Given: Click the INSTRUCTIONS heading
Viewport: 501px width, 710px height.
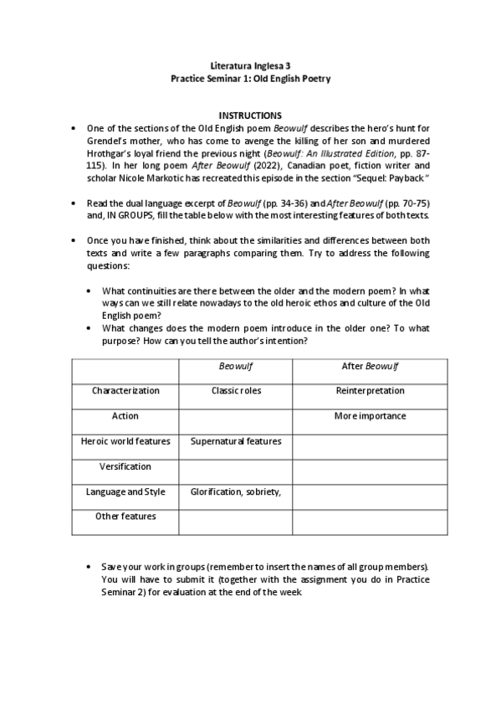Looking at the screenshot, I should coord(250,115).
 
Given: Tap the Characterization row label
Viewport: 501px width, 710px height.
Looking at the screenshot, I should coord(125,391).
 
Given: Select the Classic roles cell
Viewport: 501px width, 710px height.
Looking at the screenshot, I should coord(236,391).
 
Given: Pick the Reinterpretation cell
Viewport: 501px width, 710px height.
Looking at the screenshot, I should coord(370,391).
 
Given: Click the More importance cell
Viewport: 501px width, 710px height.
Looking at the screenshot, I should coord(370,416).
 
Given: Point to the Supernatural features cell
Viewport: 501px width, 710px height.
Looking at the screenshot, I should coord(236,441).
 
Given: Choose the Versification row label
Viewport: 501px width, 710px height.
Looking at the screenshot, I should coord(125,466).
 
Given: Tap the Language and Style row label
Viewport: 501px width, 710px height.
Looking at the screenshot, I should coord(125,491).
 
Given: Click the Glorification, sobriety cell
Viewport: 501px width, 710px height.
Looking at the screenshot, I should coord(236,491).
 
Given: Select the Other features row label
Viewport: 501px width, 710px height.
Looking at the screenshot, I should coord(125,517).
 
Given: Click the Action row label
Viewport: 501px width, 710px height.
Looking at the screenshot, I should coord(125,416).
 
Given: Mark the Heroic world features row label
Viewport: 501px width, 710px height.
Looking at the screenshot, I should coord(125,441).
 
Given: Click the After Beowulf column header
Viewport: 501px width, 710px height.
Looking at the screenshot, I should coord(370,366).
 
